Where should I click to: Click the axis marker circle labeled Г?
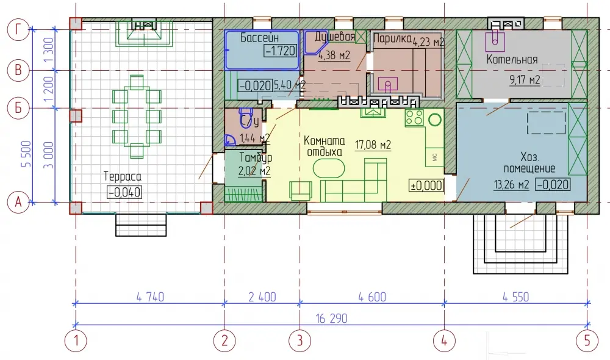click(x=18, y=29)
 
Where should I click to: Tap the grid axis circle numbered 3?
click(x=300, y=340)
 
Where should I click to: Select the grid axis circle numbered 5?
click(x=587, y=340)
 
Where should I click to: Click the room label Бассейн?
click(x=259, y=38)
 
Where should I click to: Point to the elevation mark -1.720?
click(x=280, y=51)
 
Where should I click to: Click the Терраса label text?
click(x=123, y=177)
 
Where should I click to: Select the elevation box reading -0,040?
click(x=124, y=192)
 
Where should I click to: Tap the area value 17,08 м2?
click(x=373, y=145)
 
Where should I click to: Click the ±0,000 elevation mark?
click(x=426, y=185)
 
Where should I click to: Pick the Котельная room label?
click(x=512, y=60)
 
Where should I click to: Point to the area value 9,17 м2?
click(x=525, y=80)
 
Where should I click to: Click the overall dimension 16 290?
click(x=331, y=319)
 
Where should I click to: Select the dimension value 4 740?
click(x=150, y=297)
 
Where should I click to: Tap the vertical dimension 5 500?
click(x=26, y=154)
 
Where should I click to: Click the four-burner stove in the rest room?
click(x=414, y=118)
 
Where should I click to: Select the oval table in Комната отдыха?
click(x=329, y=169)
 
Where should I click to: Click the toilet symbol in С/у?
click(x=245, y=118)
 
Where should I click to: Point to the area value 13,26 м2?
click(x=512, y=184)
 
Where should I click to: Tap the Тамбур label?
click(x=256, y=158)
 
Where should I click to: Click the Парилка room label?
click(x=392, y=38)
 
